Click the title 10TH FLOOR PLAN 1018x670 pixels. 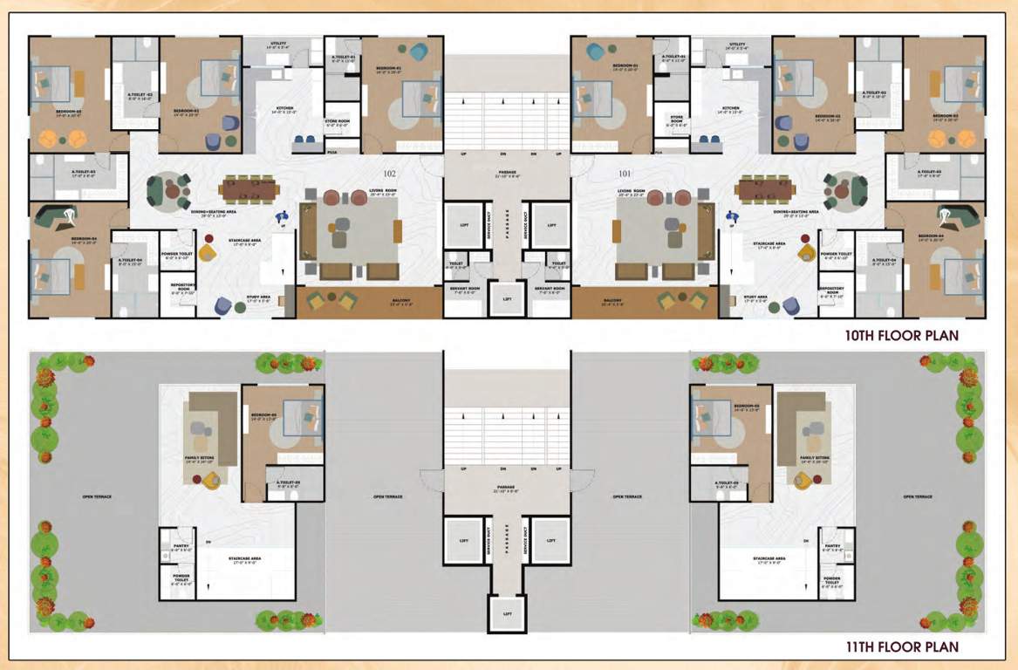[x=903, y=334]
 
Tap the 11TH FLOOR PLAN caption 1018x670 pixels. [x=903, y=646]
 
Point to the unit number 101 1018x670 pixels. [x=625, y=161]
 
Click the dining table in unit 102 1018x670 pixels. [x=249, y=187]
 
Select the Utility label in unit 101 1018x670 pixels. [x=738, y=45]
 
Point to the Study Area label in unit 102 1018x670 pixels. [x=259, y=298]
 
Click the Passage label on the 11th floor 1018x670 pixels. [x=507, y=488]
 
